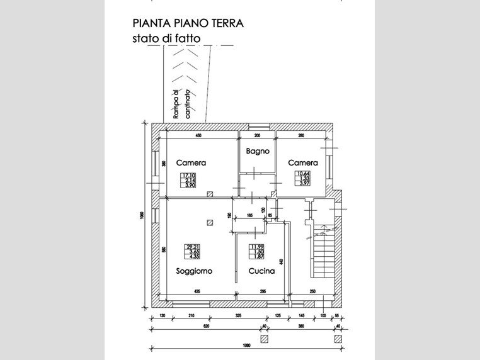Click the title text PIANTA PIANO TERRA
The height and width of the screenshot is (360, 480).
188,23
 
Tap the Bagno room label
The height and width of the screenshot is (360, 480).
258,151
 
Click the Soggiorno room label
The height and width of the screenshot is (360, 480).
194,271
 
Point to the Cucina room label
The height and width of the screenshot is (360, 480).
261,271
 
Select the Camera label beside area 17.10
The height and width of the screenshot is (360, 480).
191,162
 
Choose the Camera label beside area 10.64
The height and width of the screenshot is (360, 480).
303,162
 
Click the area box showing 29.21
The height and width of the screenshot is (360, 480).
193,252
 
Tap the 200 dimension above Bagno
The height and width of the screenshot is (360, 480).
257,136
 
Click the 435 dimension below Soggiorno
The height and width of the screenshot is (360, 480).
197,291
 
